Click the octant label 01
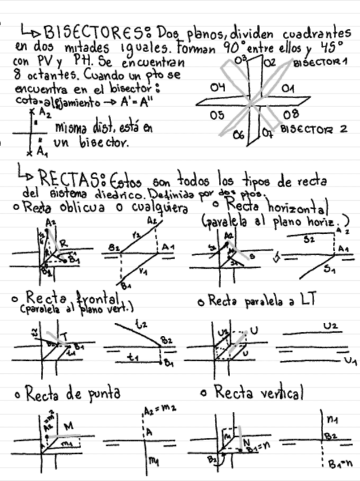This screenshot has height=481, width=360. coord(287,89)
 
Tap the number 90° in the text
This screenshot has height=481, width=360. coord(235,45)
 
